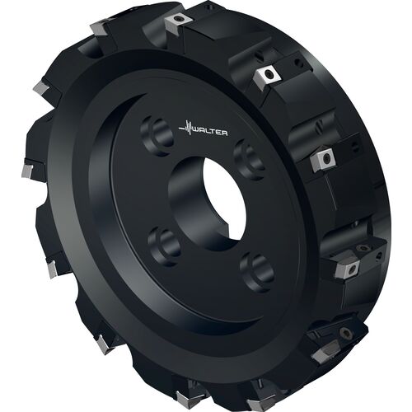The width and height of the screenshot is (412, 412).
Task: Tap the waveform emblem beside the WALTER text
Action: tap(185, 128)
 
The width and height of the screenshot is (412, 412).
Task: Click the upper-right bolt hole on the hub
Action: tap(250, 160)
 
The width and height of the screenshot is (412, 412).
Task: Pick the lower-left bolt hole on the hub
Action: tap(165, 246)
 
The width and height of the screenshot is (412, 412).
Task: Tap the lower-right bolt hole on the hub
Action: tap(257, 273)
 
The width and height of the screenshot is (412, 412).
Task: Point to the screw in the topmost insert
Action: tap(179, 19)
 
